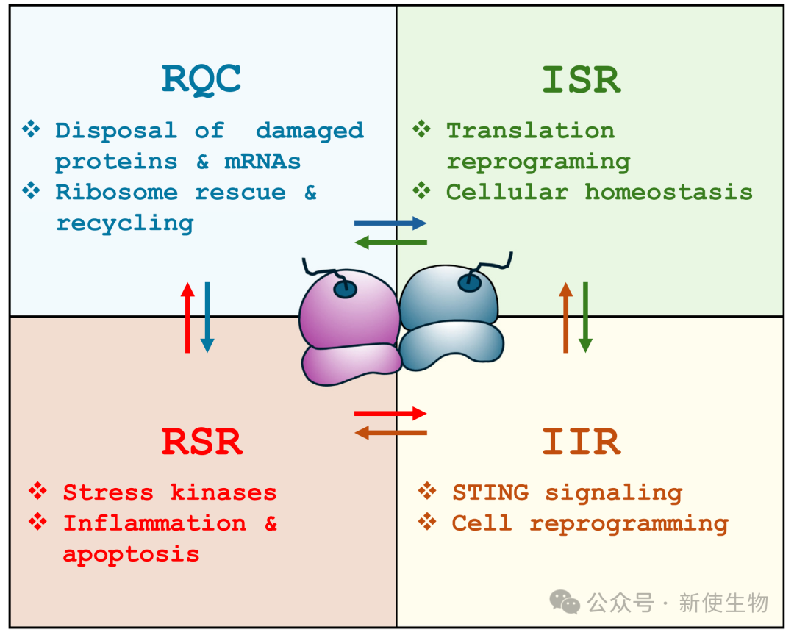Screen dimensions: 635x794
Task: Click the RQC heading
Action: coord(201,79)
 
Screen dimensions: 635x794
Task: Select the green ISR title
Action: coord(581,79)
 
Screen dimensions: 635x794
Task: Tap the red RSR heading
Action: coord(201,442)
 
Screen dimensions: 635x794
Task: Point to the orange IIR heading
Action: coord(581,442)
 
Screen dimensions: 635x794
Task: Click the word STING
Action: coord(490,492)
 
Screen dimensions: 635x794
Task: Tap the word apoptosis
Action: coord(131,553)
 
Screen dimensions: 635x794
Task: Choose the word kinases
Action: coord(223,492)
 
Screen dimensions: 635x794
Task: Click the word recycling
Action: coord(124,223)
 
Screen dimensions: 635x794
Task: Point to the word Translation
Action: coord(530,131)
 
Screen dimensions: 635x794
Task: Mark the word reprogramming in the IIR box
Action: coord(629,523)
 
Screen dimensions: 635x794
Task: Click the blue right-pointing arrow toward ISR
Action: coord(390,223)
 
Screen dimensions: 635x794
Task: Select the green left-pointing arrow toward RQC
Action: coord(390,242)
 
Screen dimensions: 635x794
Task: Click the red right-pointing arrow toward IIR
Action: coord(390,414)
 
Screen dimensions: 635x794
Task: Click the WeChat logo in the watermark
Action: coord(565,603)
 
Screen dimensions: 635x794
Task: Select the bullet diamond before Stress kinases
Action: coord(37,491)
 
